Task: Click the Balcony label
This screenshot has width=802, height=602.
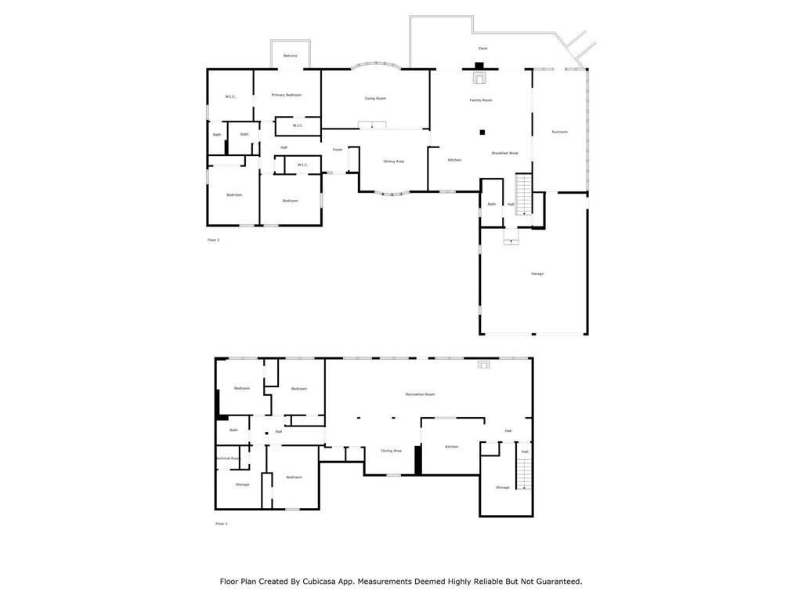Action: click(x=290, y=56)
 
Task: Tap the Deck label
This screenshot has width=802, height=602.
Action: click(x=482, y=49)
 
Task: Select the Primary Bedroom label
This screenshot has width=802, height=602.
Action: click(x=287, y=95)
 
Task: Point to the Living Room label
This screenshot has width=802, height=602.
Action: click(x=375, y=99)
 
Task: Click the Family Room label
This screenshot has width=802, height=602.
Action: click(x=481, y=100)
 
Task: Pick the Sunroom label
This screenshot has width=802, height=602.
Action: click(x=559, y=132)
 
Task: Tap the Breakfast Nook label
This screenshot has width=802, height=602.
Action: click(x=504, y=153)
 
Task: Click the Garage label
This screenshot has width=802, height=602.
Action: click(x=537, y=274)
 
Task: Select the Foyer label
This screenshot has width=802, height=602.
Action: click(x=338, y=149)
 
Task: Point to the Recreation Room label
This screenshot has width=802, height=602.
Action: click(x=420, y=394)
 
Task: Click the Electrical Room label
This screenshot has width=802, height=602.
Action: click(x=228, y=458)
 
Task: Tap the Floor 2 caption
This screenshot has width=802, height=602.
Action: click(x=213, y=240)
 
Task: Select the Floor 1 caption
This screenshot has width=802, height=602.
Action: click(x=221, y=524)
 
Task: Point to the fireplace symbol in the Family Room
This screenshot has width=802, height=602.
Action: click(x=479, y=78)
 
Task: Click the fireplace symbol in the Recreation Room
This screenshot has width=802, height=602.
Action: click(x=484, y=364)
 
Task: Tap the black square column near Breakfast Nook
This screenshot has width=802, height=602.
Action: click(x=482, y=132)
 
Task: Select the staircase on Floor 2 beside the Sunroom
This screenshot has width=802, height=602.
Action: click(x=523, y=194)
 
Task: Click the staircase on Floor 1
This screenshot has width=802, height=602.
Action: click(x=524, y=474)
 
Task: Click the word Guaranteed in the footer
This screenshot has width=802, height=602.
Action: click(x=552, y=582)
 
